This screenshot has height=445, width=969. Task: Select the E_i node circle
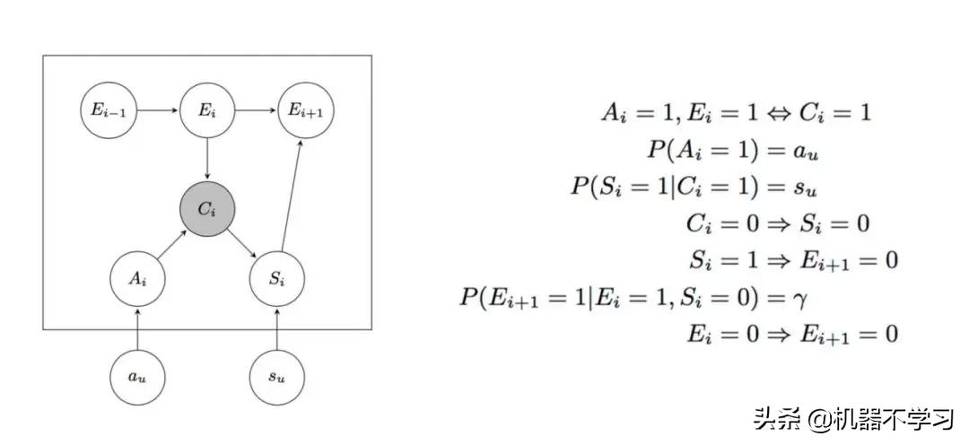(x=207, y=111)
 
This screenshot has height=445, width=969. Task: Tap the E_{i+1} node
(x=304, y=111)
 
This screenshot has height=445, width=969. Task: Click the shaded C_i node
(x=207, y=209)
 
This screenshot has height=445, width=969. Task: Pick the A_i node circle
(x=136, y=278)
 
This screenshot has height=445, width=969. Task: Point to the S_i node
(x=276, y=278)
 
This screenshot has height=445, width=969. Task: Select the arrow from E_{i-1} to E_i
(x=159, y=111)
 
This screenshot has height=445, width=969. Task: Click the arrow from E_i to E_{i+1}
(x=256, y=111)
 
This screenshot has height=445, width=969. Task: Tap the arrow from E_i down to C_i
(x=207, y=160)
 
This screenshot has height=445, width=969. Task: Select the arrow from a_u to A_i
(x=136, y=327)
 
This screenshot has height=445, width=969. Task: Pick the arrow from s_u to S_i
(x=276, y=327)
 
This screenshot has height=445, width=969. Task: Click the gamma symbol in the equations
(x=803, y=296)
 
